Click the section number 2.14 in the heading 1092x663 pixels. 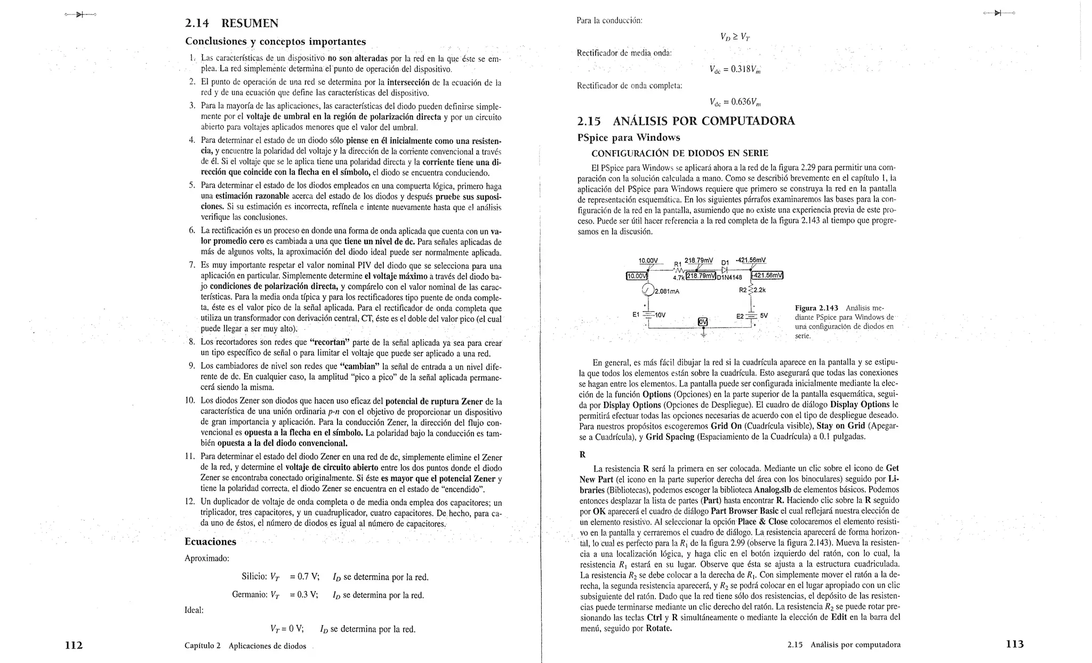tap(197, 23)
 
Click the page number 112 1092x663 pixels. tap(74, 645)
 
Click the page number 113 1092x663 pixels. tap(1015, 644)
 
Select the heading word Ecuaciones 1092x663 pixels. tap(210, 542)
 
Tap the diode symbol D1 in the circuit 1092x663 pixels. tap(724, 270)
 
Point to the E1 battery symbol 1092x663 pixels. tap(648, 314)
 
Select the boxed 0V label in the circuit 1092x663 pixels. tap(703, 321)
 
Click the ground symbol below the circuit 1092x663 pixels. tap(703, 334)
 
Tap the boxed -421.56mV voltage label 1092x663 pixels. tap(767, 275)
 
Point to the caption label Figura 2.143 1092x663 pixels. tap(816, 308)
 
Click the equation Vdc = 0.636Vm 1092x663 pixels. tap(735, 102)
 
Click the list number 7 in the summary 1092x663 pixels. tap(192, 265)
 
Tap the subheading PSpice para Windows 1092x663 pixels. tap(629, 138)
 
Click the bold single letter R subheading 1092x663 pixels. tap(582, 455)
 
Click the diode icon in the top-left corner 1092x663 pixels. tap(79, 14)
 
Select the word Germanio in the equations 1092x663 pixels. tap(249, 595)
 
